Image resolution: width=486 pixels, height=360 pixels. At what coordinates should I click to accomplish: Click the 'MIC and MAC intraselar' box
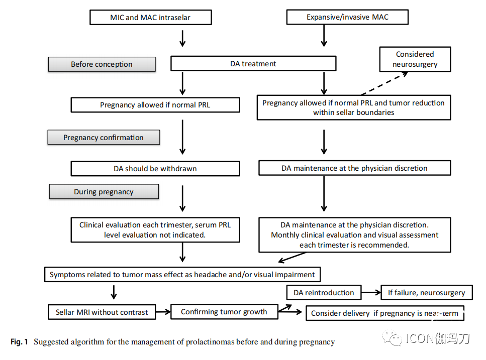coord(151,18)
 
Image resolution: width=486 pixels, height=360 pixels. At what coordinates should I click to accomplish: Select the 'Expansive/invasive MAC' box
coord(347,17)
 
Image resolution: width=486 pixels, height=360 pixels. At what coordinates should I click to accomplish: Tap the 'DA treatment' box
coord(253,63)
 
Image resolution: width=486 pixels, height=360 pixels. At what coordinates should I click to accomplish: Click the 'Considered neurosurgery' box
coord(415,59)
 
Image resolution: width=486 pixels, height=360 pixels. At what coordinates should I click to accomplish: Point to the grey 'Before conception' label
coord(102,64)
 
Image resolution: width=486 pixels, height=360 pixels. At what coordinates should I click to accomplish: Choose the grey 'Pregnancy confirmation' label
coord(104,137)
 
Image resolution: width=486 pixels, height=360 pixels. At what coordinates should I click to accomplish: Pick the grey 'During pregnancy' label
coord(104,192)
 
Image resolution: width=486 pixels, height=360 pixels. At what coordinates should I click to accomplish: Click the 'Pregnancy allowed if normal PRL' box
coord(155,105)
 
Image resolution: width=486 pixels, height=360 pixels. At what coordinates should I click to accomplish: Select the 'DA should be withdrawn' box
coord(155,168)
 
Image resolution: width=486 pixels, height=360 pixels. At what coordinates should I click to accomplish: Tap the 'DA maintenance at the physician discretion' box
coord(355,168)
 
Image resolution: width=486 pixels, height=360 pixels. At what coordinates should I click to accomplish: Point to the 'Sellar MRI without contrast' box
coord(102,312)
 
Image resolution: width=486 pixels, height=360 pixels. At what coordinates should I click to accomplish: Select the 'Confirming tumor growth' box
coord(224,312)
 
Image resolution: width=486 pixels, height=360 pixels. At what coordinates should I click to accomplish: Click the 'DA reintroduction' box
coord(324,293)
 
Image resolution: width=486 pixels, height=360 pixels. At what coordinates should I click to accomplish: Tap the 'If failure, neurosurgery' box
coord(427,293)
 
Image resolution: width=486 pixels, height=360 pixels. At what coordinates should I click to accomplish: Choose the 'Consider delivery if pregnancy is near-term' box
coord(384,313)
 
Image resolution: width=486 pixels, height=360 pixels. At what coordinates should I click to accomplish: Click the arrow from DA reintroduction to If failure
coord(371,293)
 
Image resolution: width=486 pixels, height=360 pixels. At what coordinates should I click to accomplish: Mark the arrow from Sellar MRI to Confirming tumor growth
coord(163,312)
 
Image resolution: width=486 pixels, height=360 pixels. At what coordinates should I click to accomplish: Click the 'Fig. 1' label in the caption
coord(19,342)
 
